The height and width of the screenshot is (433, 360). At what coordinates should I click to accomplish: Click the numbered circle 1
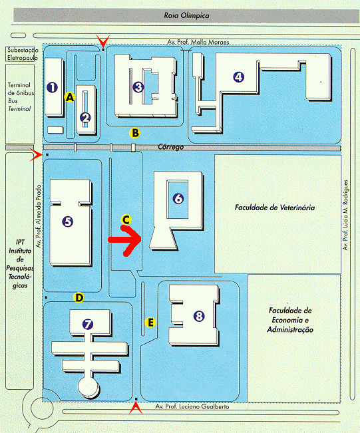click(52, 88)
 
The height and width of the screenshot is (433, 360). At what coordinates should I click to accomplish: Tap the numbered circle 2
click(85, 118)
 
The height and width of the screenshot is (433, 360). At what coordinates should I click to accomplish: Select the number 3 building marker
click(138, 87)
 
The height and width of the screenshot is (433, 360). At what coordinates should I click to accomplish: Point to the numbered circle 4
click(239, 76)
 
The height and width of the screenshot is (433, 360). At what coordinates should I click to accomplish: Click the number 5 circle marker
click(68, 221)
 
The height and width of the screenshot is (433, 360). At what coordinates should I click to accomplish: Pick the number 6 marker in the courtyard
click(178, 199)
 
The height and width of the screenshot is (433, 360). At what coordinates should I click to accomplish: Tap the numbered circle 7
click(88, 324)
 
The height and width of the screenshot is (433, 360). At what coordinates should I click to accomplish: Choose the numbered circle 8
click(199, 316)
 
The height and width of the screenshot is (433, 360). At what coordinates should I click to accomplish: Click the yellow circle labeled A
click(70, 97)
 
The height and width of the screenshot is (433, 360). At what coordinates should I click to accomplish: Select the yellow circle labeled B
click(135, 133)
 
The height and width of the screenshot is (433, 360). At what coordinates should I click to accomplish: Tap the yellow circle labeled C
click(126, 219)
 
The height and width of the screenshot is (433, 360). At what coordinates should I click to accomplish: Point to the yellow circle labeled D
click(79, 298)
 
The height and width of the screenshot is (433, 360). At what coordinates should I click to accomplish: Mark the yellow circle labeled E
click(150, 323)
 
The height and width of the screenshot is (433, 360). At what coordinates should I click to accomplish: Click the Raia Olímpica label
click(187, 15)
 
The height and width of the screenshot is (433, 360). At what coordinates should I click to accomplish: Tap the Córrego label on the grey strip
click(171, 147)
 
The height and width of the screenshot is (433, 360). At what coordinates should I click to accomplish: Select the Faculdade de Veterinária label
click(275, 208)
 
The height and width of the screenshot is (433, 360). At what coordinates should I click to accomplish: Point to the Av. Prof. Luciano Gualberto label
click(192, 406)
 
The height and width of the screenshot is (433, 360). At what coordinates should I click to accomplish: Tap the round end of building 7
click(89, 387)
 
